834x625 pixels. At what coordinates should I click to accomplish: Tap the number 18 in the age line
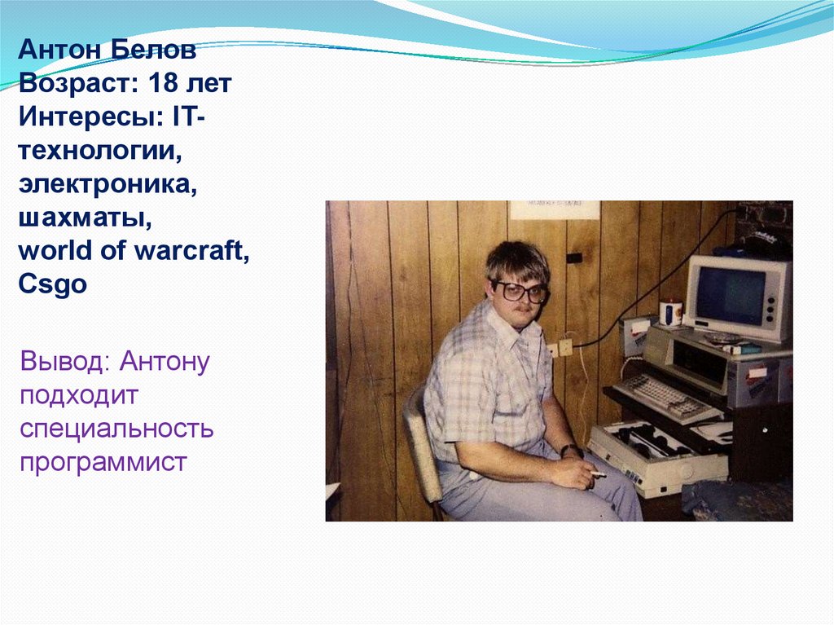click(x=166, y=83)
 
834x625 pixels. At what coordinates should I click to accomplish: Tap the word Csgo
click(x=52, y=285)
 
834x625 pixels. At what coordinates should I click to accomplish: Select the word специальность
click(x=117, y=429)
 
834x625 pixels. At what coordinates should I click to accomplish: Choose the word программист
click(x=104, y=462)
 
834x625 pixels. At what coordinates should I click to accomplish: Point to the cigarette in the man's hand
click(x=599, y=474)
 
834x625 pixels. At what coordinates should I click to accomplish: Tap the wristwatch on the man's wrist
click(x=571, y=450)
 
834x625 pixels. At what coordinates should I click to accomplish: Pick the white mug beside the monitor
click(x=670, y=313)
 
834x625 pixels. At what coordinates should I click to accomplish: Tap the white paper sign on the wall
click(x=555, y=209)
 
